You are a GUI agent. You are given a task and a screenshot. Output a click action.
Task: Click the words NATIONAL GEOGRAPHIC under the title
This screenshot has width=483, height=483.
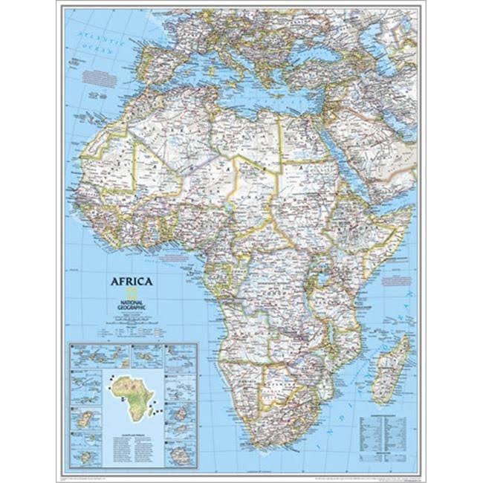point(132,304)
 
